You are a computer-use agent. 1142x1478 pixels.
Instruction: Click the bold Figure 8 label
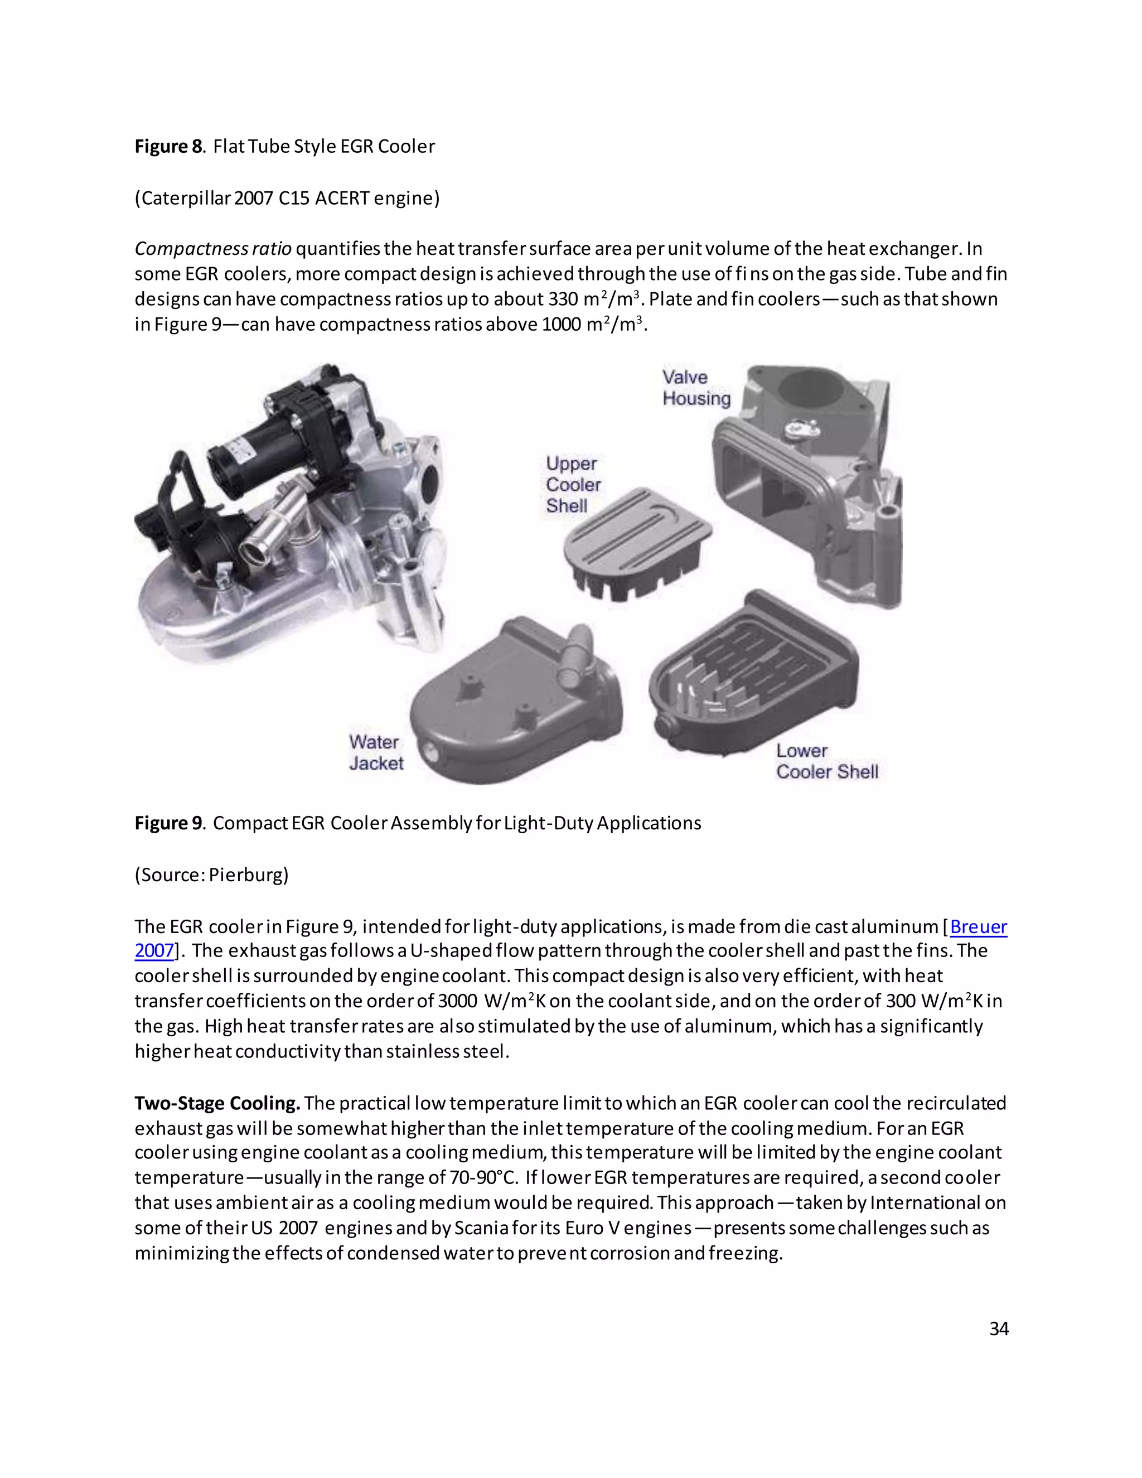[x=168, y=147]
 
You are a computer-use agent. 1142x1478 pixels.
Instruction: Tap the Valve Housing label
[x=695, y=388]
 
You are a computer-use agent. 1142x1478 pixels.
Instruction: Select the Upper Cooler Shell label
[x=572, y=485]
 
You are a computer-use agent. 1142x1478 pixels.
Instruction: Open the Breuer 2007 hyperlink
[x=978, y=926]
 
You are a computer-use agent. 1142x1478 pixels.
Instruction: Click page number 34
[x=999, y=1329]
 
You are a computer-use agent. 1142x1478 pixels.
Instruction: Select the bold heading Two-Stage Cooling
[x=217, y=1103]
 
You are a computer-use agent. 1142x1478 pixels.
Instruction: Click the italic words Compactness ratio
[x=212, y=249]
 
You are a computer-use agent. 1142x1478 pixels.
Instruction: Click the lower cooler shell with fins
[x=751, y=677]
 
